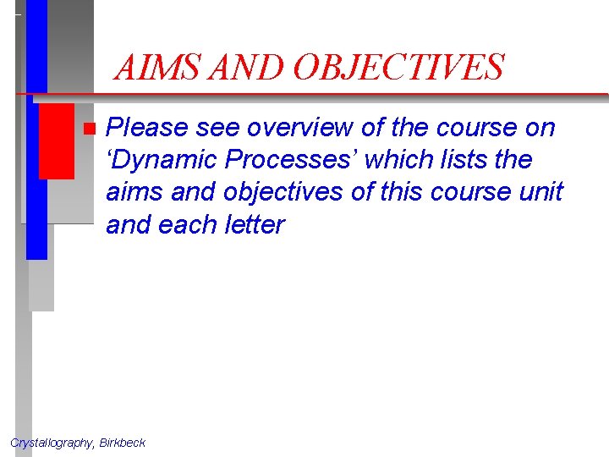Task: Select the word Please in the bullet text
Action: pos(148,128)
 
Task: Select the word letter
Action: pos(251,224)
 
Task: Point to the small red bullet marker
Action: pos(90,129)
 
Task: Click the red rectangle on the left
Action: pos(56,135)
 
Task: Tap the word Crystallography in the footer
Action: pos(51,443)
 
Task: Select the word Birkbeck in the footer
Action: pos(123,443)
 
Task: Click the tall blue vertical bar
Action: pos(36,127)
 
